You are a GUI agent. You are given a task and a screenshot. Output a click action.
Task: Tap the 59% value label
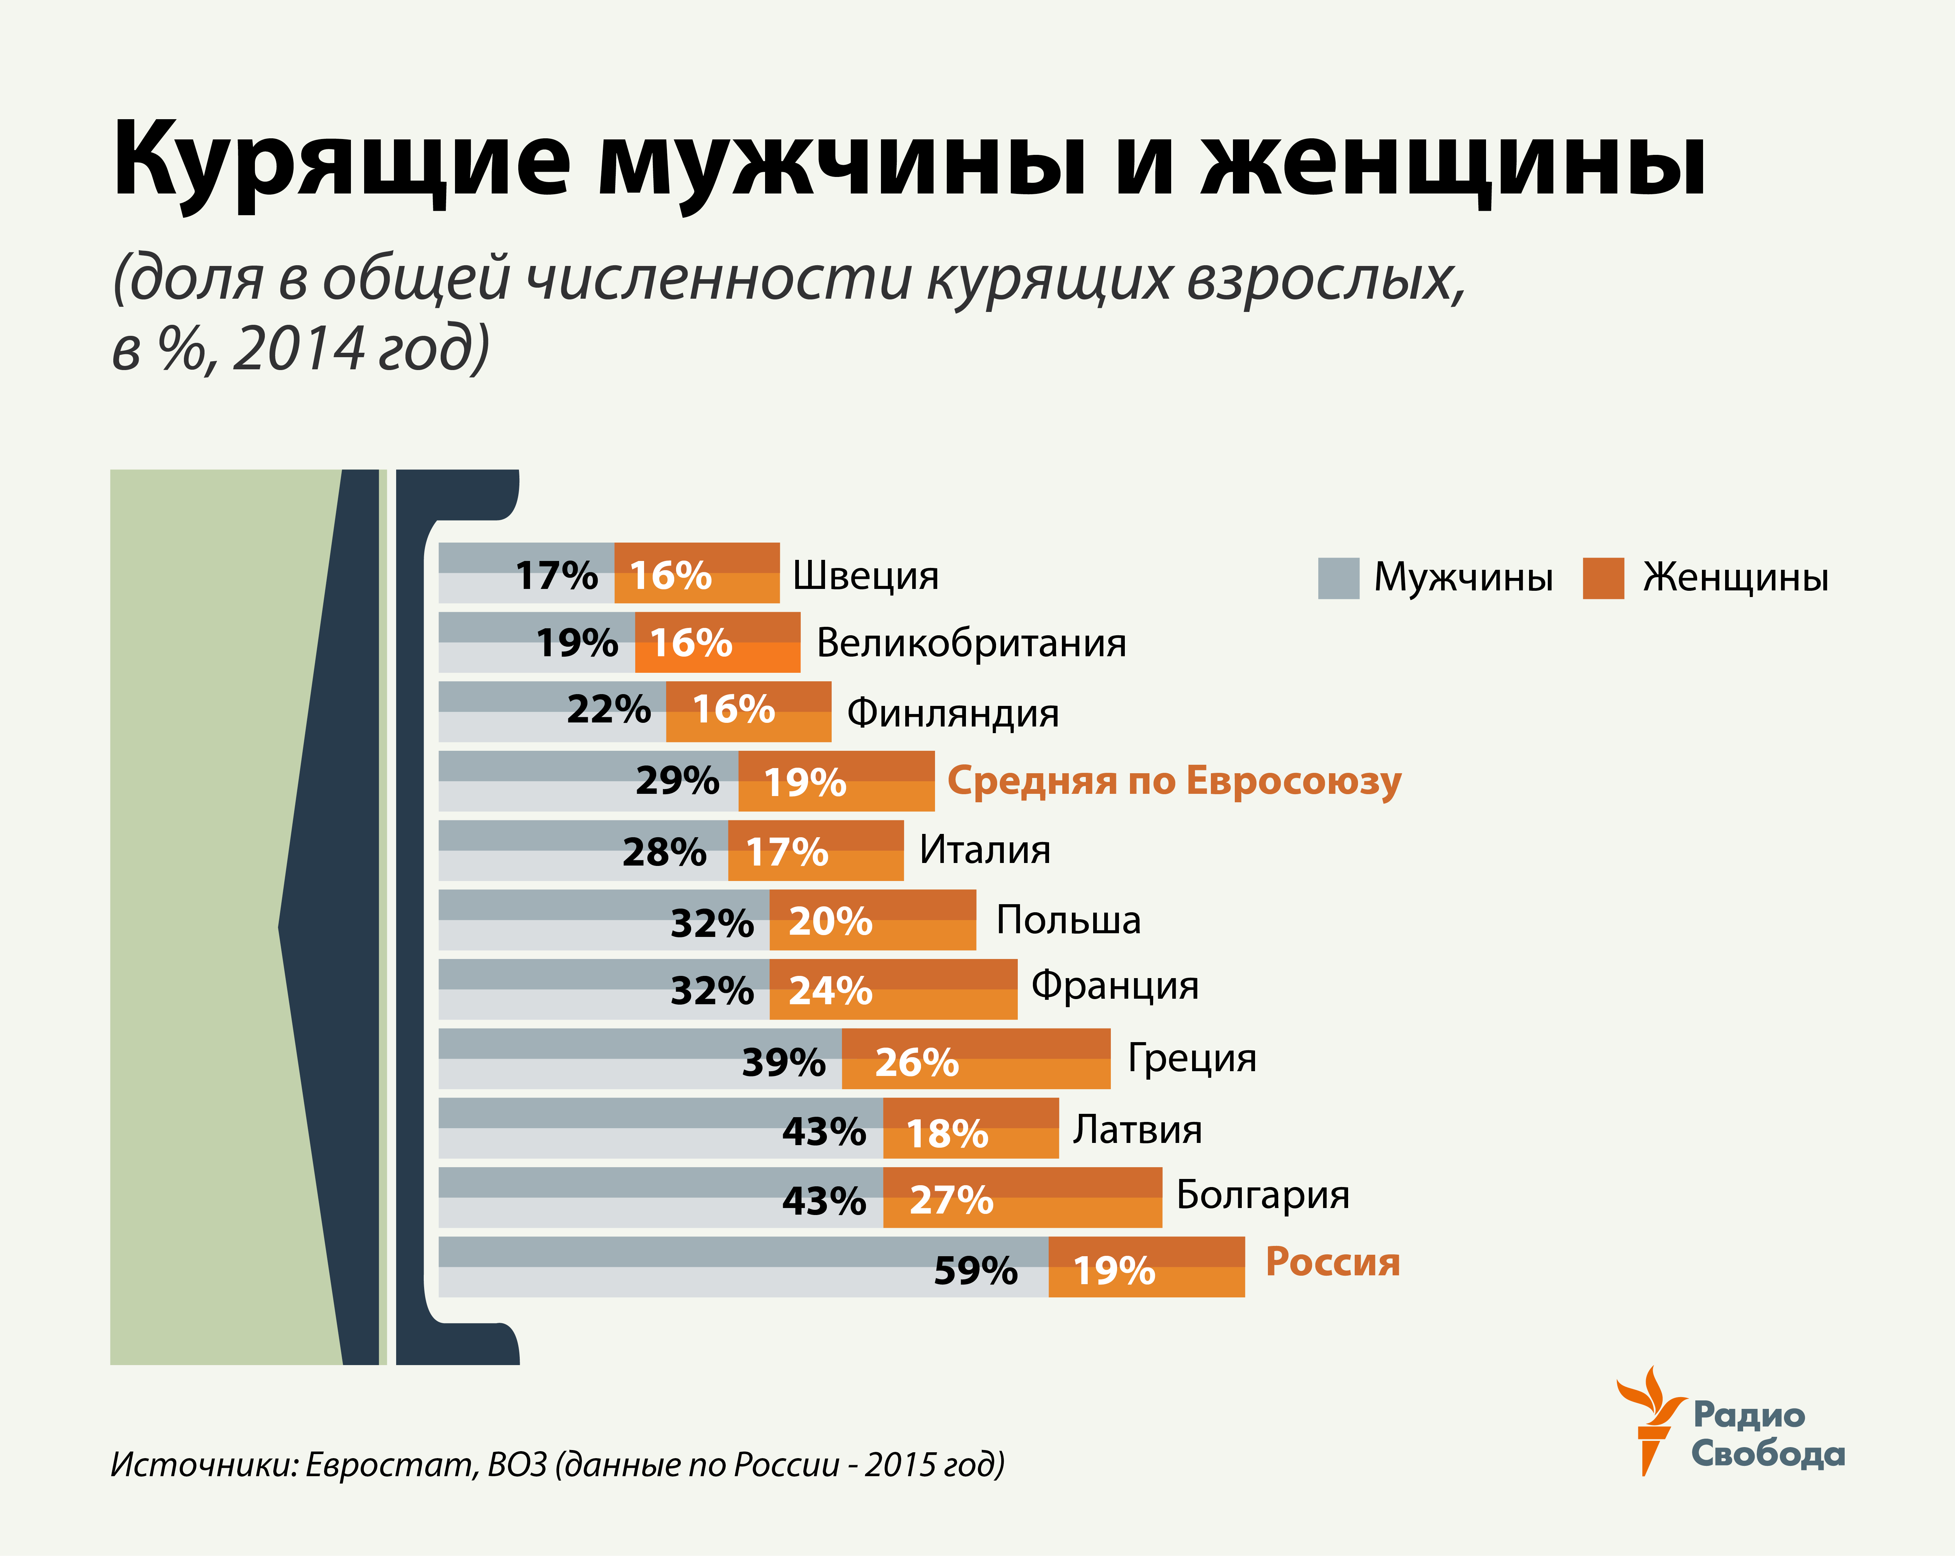pyautogui.click(x=976, y=1271)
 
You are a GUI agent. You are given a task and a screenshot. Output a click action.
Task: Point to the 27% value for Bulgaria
pyautogui.click(x=951, y=1200)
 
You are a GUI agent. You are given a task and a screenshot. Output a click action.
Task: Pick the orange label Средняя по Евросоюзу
pyautogui.click(x=1174, y=781)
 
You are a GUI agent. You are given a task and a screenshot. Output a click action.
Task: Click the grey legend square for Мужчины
pyautogui.click(x=1339, y=579)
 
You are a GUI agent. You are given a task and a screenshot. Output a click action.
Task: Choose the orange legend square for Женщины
pyautogui.click(x=1603, y=579)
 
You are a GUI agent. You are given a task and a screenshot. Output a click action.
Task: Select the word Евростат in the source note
pyautogui.click(x=390, y=1464)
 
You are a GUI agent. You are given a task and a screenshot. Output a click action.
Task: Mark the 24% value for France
pyautogui.click(x=830, y=990)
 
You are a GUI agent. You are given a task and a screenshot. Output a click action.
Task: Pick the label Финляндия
pyautogui.click(x=952, y=713)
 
